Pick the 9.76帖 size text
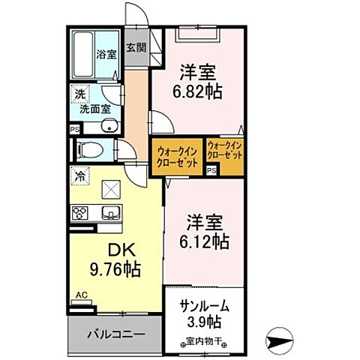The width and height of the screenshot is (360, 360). coord(118,268)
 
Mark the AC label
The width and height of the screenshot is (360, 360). coord(79,295)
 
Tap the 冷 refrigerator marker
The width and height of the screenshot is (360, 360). coord(79,177)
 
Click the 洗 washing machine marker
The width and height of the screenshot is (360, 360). coord(78,95)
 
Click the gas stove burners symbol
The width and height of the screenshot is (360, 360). coord(81,212)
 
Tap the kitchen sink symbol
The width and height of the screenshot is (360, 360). coord(112,212)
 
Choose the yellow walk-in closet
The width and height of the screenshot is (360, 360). coord(178,157)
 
